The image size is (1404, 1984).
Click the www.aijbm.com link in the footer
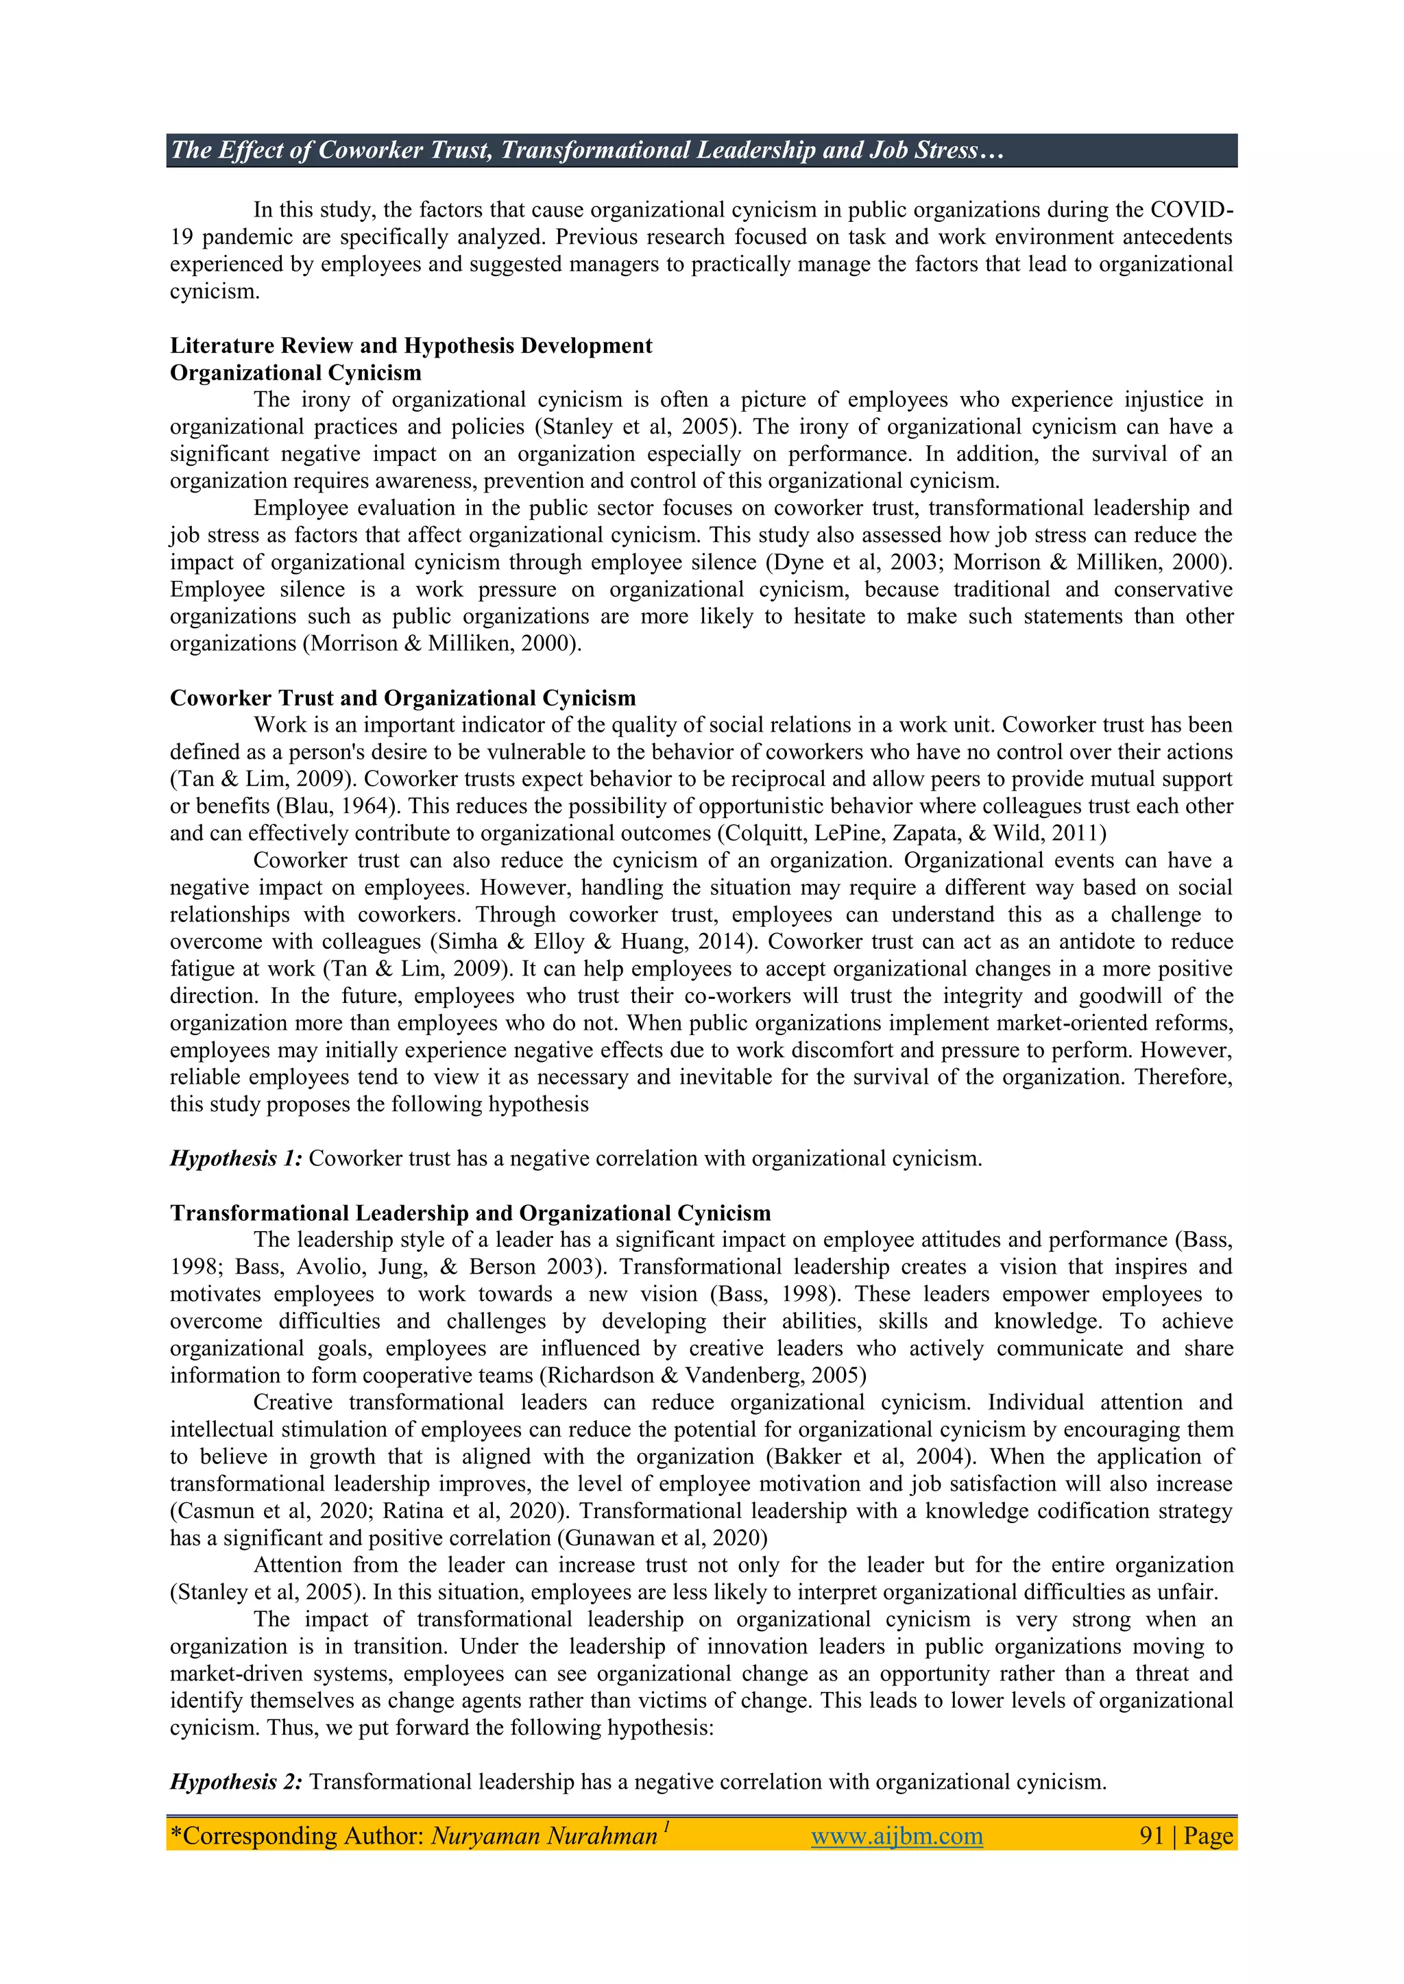(897, 1835)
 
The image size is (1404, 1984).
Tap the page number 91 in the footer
(1152, 1835)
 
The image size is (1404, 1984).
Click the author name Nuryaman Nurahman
(544, 1835)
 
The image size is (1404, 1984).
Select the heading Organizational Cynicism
(295, 373)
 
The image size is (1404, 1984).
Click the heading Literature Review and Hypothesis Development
(411, 346)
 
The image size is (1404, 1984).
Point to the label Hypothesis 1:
(236, 1158)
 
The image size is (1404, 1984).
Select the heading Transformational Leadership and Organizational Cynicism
(470, 1213)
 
